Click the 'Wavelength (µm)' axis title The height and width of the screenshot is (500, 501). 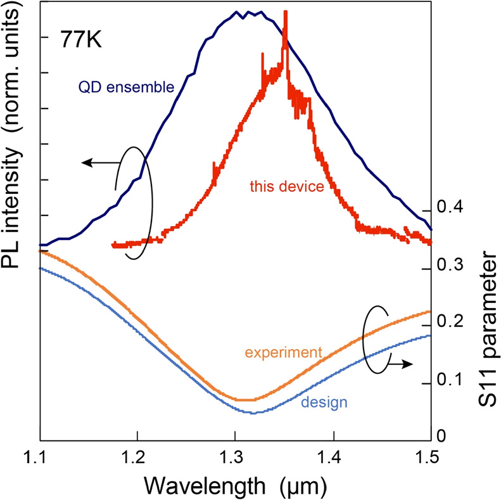[x=235, y=484]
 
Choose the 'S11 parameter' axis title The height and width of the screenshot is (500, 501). [x=486, y=343]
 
